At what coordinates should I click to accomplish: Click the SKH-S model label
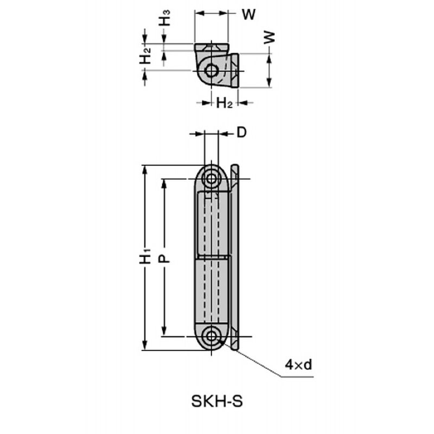coord(216,401)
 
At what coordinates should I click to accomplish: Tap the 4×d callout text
coord(298,365)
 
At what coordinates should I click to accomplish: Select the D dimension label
coord(241,132)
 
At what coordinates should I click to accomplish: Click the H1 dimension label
coord(145,256)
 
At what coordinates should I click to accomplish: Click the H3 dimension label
coord(164,18)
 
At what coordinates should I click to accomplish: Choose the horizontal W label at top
coord(248,15)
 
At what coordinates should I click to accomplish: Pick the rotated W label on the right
coord(269,37)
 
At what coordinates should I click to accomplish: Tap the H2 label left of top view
coord(145,56)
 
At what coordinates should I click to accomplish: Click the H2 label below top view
coord(224,103)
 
